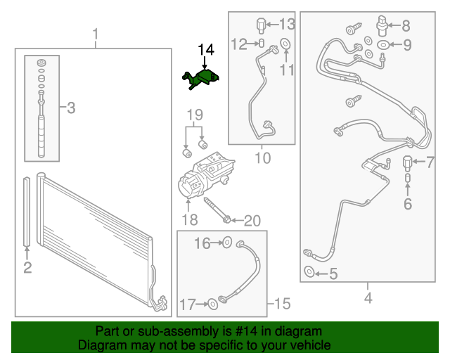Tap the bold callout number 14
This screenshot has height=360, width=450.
pos(206,50)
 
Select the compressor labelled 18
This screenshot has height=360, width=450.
pos(205,175)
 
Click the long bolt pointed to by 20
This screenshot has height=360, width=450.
pos(217,210)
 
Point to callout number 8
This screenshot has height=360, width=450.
pos(406,26)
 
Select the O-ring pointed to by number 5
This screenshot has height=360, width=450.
pos(309,271)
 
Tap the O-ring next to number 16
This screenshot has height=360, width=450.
pos(226,243)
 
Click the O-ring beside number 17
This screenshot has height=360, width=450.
pos(212,304)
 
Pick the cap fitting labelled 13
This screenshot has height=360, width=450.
pos(261,25)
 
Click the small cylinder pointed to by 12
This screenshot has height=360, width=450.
pos(262,44)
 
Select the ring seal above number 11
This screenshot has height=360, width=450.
pos(285,44)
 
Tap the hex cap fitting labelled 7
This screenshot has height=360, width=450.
pos(407,163)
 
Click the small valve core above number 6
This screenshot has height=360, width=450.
pos(408,178)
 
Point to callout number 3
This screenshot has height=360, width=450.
pos(71,108)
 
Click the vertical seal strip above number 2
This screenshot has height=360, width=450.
pos(27,212)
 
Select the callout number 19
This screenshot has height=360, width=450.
pos(195,115)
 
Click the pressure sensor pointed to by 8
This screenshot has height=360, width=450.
pos(382,26)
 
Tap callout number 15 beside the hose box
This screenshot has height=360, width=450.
pos(283,304)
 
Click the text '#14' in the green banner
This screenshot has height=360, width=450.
pos(246,331)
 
